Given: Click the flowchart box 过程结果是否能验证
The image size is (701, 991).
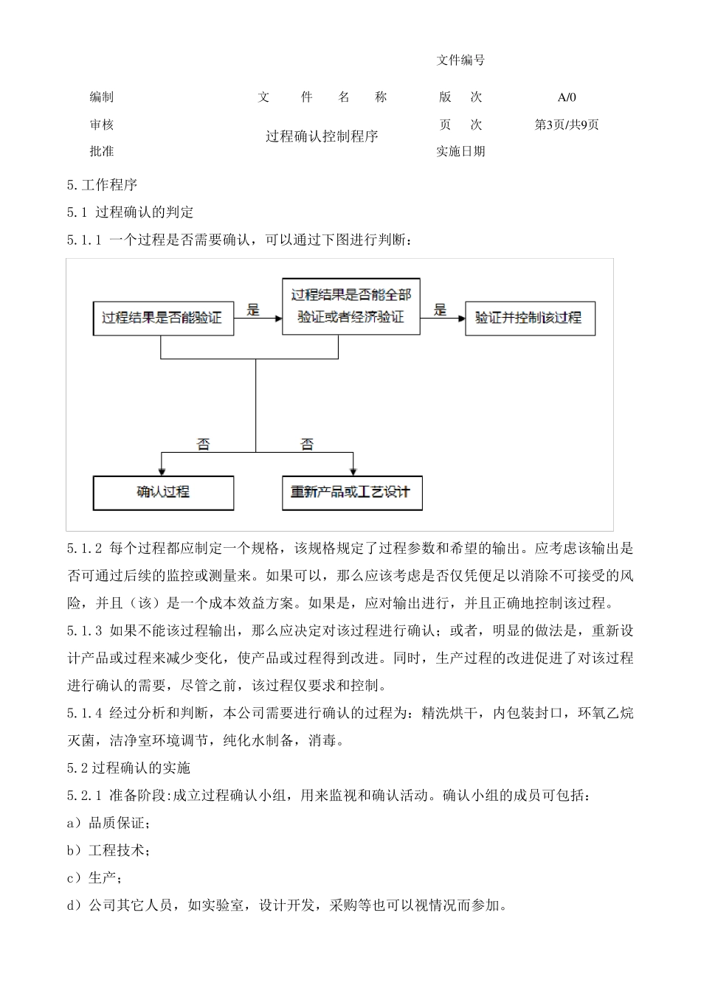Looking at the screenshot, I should point(162,319).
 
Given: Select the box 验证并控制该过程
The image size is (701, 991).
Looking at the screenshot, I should point(529,319).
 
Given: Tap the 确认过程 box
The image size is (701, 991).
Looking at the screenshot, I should point(163,493).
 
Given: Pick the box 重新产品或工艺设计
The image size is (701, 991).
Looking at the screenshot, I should point(352,493).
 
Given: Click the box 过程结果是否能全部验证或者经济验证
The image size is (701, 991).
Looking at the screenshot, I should point(351,306).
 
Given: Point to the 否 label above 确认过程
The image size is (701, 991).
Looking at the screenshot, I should point(203,444).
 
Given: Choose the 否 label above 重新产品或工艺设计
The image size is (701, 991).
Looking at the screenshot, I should point(307,444).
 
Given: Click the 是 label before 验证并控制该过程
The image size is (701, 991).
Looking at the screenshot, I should point(441,310).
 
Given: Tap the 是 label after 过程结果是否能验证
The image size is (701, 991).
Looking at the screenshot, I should point(253,310).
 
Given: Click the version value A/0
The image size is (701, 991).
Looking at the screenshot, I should point(567,97).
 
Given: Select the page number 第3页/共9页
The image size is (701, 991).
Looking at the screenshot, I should point(567,125).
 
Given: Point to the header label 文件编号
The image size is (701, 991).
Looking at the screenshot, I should point(460,60).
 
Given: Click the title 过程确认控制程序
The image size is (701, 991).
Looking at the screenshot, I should point(322,136).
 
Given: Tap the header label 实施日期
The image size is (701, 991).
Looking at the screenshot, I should point(460,151).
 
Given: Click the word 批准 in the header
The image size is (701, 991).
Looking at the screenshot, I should point(102,151).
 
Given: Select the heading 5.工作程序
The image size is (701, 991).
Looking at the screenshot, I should point(102,185).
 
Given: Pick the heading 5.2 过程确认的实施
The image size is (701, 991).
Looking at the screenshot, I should point(128,768).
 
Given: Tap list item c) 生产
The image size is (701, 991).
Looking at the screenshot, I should point(95,877).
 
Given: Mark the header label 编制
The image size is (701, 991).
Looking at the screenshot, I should point(102,97).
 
